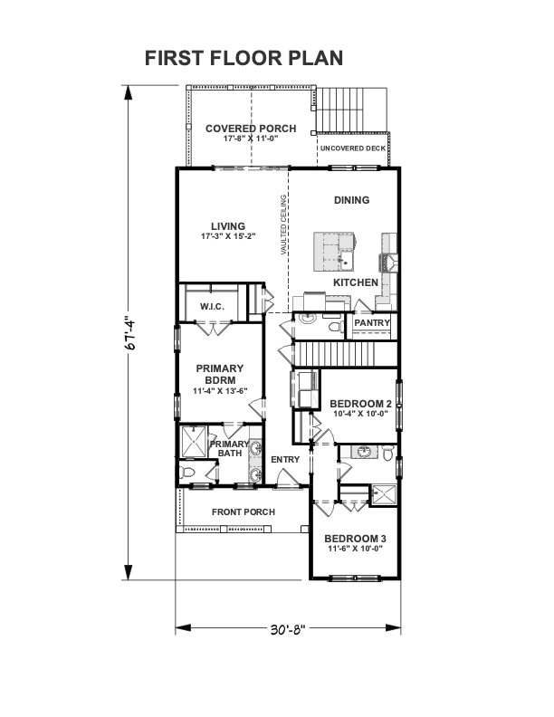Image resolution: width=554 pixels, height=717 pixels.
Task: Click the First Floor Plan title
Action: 244,58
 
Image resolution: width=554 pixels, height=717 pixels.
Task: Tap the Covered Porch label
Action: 251,129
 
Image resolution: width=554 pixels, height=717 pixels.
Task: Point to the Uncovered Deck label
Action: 353,148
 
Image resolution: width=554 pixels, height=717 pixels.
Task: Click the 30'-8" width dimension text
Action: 288,630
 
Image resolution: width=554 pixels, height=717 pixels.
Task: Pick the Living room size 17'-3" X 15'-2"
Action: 228,236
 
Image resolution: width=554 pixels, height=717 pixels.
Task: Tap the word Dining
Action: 351,200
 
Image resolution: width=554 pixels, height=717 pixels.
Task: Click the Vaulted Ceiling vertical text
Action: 283,225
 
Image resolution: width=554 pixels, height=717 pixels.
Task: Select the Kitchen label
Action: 356,282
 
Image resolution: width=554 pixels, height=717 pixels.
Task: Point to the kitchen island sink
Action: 346,259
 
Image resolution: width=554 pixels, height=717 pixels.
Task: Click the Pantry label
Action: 372,323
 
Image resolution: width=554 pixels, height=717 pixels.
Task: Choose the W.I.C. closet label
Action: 212,306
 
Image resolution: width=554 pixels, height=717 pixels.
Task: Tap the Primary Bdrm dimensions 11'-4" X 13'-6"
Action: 220,391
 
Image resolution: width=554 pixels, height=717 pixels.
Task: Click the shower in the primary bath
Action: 195,441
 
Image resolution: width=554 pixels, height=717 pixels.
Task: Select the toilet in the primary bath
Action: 187,472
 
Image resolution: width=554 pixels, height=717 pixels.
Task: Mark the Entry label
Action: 285,460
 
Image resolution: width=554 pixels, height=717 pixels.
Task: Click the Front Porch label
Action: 244,512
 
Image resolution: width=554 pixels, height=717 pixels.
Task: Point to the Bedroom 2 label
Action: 360,404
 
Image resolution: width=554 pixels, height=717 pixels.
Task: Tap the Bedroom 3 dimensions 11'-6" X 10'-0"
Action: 355,549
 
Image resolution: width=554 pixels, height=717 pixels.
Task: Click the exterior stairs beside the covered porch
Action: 351,110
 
